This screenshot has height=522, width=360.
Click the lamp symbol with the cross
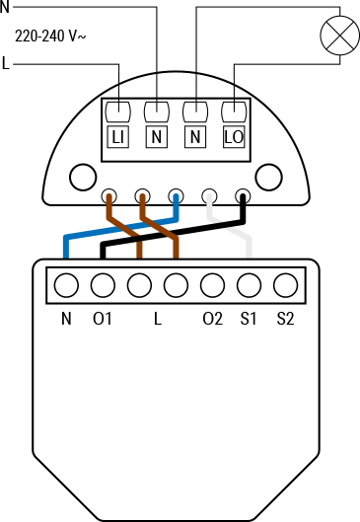click(337, 38)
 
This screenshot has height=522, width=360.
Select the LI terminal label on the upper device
click(117, 137)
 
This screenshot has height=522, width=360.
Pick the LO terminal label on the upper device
click(234, 137)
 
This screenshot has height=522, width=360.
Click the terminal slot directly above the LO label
click(234, 110)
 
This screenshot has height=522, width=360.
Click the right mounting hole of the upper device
click(266, 178)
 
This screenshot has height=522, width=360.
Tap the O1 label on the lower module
click(103, 319)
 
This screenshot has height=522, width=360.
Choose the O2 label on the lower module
click(212, 319)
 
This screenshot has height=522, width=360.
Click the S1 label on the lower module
click(249, 319)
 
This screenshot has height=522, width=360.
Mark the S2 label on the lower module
click(285, 319)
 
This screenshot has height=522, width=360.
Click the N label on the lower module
click(66, 319)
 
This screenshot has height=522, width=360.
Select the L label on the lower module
click(157, 319)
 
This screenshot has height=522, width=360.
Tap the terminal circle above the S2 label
click(285, 286)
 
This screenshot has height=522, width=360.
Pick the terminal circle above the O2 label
click(212, 286)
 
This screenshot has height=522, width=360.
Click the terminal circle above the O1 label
click(103, 286)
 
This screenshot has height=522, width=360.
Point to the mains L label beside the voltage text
click(7, 65)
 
